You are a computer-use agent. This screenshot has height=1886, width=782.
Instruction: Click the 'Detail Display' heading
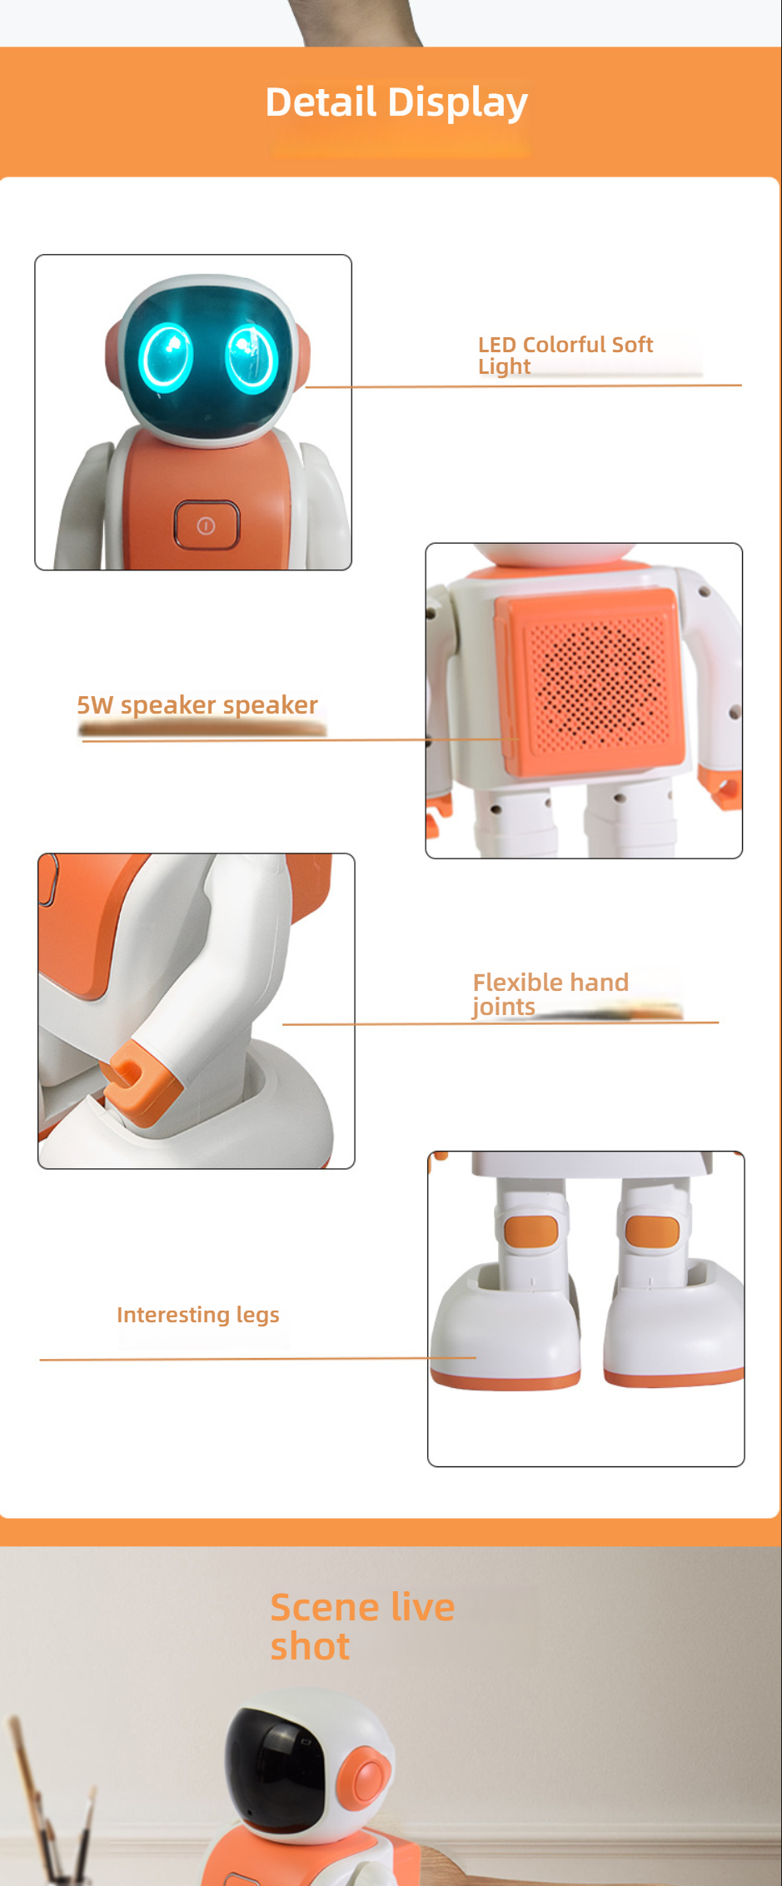pyautogui.click(x=396, y=102)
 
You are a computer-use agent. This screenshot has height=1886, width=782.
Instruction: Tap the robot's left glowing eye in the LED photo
pyautogui.click(x=166, y=356)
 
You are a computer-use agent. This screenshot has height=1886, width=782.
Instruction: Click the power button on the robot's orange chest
pyautogui.click(x=207, y=525)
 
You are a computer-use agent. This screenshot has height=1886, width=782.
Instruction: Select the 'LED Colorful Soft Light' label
pyautogui.click(x=565, y=356)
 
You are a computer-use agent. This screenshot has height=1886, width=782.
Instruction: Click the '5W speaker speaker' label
pyautogui.click(x=197, y=705)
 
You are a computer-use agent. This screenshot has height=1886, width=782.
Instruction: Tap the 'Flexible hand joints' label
pyautogui.click(x=550, y=994)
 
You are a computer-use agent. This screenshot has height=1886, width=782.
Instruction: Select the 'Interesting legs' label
pyautogui.click(x=198, y=1315)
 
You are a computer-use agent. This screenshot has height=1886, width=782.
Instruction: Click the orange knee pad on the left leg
pyautogui.click(x=530, y=1232)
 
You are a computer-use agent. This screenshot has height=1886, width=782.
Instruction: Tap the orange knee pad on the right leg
pyautogui.click(x=652, y=1232)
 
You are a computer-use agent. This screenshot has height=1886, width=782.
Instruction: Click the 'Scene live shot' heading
pyautogui.click(x=362, y=1626)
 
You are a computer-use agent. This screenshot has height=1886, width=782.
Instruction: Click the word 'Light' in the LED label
pyautogui.click(x=504, y=367)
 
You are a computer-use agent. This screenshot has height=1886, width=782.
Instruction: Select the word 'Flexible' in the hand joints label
pyautogui.click(x=514, y=983)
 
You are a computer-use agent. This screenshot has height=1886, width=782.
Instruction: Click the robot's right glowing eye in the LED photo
pyautogui.click(x=251, y=358)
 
